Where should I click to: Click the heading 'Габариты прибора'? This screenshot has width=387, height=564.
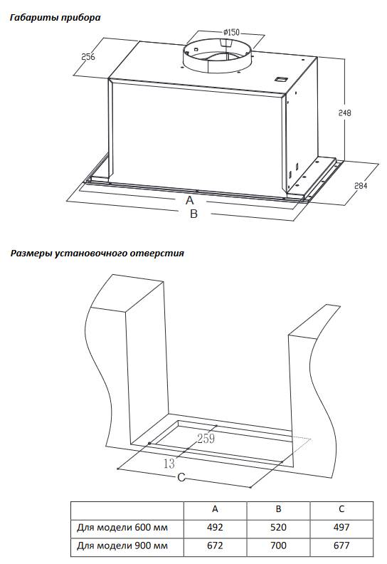(x=55, y=18)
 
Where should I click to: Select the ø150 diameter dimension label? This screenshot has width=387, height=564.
(x=231, y=32)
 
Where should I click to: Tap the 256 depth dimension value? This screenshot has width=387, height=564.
(x=88, y=56)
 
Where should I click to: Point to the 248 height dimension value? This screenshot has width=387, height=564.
(x=344, y=113)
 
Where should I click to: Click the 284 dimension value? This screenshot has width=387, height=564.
(x=361, y=186)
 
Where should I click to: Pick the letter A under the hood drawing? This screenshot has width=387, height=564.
(x=190, y=200)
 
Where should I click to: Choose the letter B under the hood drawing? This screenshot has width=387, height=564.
(x=193, y=214)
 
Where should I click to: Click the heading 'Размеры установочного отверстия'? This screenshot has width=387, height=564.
(x=97, y=254)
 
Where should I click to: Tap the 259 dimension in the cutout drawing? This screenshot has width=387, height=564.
(x=206, y=439)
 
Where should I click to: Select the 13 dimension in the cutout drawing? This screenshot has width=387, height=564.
(x=169, y=464)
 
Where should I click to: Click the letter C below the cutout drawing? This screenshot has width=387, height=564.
(x=181, y=478)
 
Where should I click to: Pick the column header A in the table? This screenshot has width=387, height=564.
(x=215, y=508)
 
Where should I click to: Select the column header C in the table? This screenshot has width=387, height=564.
(x=341, y=508)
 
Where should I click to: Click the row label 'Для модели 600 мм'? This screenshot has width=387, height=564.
(x=122, y=527)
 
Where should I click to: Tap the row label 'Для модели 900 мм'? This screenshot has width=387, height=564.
(x=122, y=545)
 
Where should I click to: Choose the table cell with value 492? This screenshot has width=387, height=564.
(x=215, y=527)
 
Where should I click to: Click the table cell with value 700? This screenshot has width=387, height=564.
(x=278, y=545)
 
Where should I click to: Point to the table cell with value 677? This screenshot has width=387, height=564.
(x=341, y=545)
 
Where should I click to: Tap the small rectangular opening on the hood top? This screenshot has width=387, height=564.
(x=280, y=80)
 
